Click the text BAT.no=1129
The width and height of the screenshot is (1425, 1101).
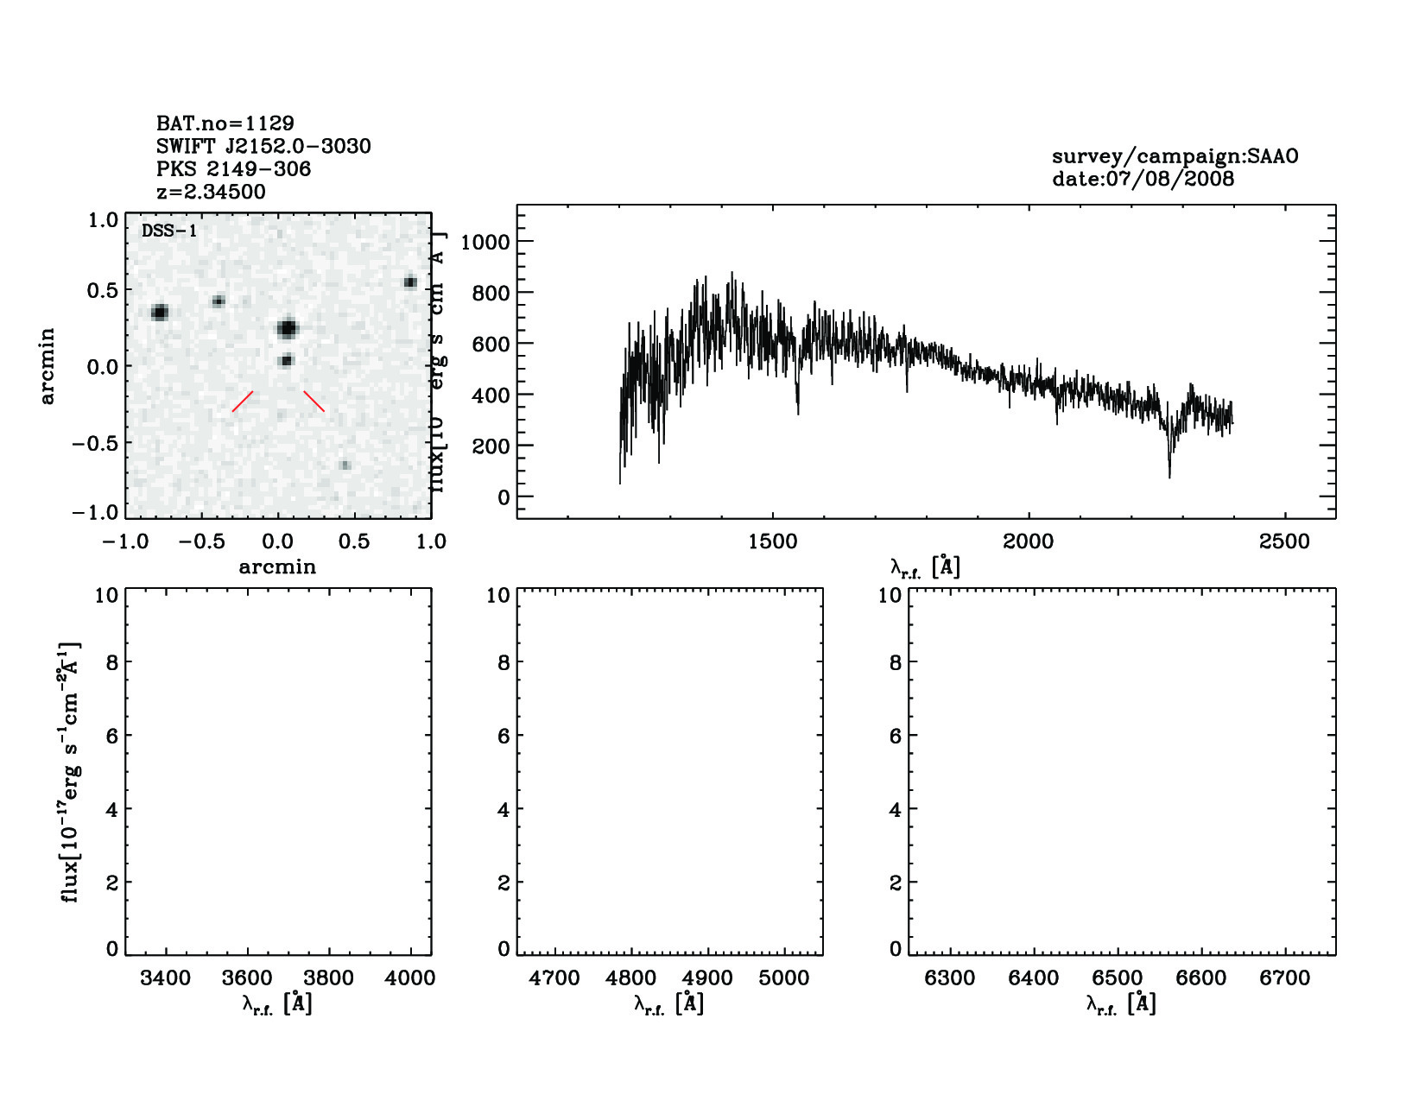tap(225, 123)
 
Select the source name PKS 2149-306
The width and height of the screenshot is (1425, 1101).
tap(233, 169)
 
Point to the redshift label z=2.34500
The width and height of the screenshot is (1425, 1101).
tap(211, 192)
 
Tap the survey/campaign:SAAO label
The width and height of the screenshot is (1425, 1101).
tap(1175, 156)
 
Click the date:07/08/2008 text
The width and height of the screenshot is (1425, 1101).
tap(1143, 180)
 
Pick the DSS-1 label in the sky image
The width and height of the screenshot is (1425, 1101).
tap(169, 231)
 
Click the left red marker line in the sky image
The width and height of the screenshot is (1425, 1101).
tap(243, 402)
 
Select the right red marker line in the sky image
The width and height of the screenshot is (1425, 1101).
tap(314, 402)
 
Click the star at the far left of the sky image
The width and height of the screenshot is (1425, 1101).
tap(159, 312)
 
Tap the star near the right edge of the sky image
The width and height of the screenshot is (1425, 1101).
tap(410, 282)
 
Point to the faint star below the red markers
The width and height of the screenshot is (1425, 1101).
tap(345, 465)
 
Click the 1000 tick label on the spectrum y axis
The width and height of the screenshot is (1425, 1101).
tap(484, 242)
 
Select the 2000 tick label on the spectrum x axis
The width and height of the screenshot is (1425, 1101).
tap(1028, 542)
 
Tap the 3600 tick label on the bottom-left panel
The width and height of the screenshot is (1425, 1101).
tap(247, 978)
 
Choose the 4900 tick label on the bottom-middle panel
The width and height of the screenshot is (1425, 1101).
tap(708, 978)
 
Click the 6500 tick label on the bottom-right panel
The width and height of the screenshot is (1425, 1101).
tap(1118, 978)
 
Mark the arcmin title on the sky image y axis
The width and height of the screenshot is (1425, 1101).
tap(47, 365)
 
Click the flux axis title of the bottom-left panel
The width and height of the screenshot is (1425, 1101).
tap(71, 773)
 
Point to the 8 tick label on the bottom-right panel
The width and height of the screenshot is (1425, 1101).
tap(895, 663)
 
